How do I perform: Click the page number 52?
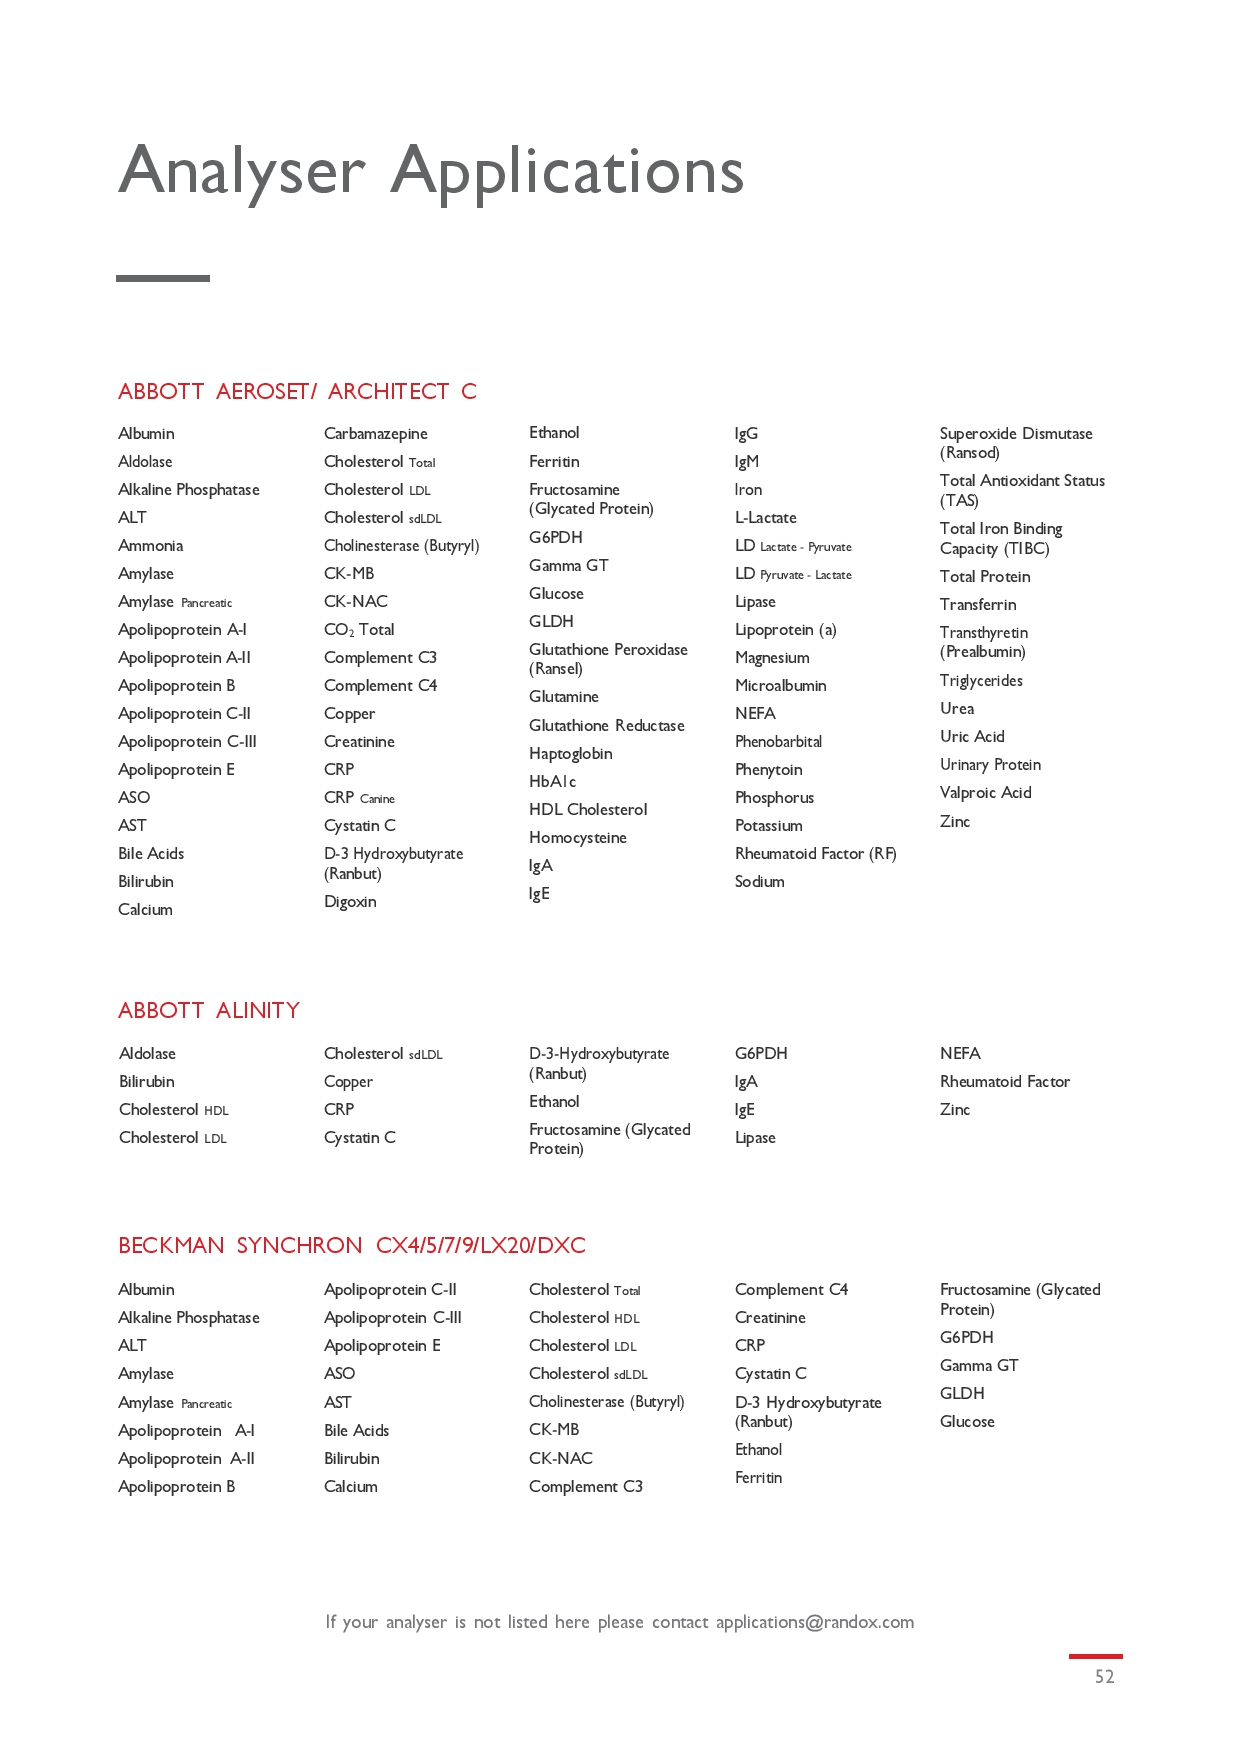click(1104, 1677)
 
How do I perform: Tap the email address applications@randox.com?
click(814, 1622)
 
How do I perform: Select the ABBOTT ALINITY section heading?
click(209, 1010)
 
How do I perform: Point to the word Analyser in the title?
click(242, 170)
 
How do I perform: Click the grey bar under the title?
click(163, 278)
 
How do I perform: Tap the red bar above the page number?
click(1095, 1656)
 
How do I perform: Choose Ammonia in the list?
click(151, 546)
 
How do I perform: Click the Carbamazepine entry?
click(376, 434)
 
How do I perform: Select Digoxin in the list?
click(350, 902)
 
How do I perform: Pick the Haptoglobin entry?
click(571, 754)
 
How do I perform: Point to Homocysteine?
click(578, 838)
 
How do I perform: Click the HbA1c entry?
click(553, 782)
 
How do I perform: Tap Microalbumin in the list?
click(781, 686)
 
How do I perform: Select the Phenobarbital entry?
click(779, 742)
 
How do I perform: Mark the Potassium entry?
click(769, 826)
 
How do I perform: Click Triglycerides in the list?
click(981, 681)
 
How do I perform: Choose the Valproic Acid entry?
click(986, 793)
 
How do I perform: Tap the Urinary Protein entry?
click(990, 765)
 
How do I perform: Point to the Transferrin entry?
click(978, 605)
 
